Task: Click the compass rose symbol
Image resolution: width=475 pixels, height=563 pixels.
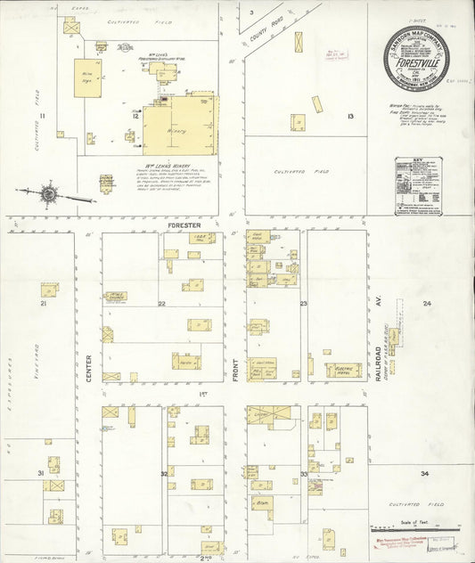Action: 50,192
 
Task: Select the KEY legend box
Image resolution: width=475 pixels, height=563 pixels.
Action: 420,186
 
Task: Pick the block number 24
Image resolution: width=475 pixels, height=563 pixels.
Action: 427,304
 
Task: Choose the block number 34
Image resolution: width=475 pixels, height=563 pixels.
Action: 425,473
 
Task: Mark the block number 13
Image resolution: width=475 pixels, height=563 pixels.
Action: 350,117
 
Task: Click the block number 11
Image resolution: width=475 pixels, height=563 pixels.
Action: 41,116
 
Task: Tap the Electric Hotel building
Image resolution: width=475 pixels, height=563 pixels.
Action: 342,369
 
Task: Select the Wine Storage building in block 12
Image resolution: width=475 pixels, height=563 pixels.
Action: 87,78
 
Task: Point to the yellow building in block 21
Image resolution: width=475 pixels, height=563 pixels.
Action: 48,290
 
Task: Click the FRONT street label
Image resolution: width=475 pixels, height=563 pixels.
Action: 235,370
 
